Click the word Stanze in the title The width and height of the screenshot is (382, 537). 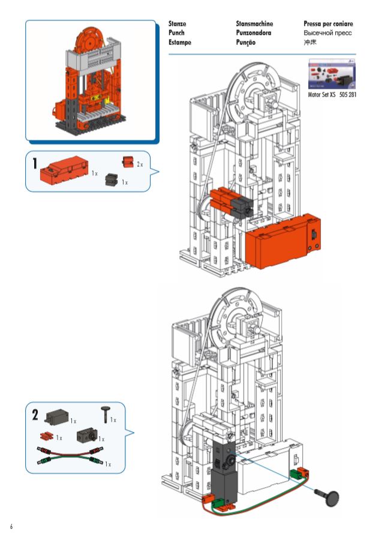pyautogui.click(x=178, y=24)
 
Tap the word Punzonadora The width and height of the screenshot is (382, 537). pyautogui.click(x=254, y=33)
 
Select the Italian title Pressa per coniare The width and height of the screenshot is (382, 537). pyautogui.click(x=328, y=24)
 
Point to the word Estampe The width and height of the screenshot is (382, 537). pyautogui.click(x=180, y=43)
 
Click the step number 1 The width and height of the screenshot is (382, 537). pyautogui.click(x=35, y=163)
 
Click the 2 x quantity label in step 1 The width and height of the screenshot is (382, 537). pyautogui.click(x=139, y=164)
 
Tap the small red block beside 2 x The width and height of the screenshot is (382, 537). pyautogui.click(x=127, y=162)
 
